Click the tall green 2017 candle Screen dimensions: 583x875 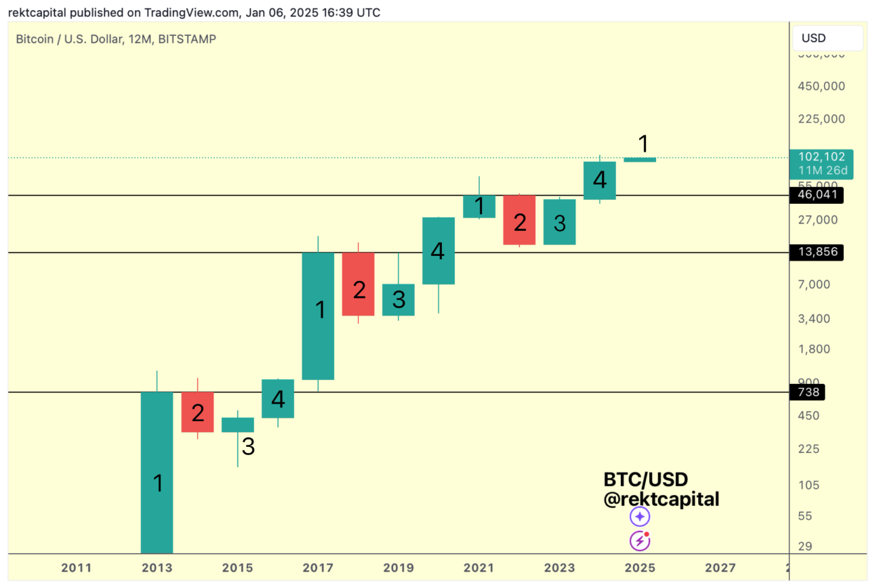pyautogui.click(x=318, y=316)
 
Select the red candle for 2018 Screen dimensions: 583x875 pyautogui.click(x=359, y=284)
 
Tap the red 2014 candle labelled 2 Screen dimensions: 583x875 pyautogui.click(x=197, y=412)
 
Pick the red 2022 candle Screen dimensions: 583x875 pyautogui.click(x=519, y=219)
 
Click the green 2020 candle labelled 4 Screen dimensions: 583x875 pyautogui.click(x=439, y=251)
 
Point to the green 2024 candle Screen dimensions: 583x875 pyautogui.click(x=599, y=180)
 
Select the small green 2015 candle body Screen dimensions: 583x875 pyautogui.click(x=238, y=425)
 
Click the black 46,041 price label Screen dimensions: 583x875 pyautogui.click(x=817, y=195)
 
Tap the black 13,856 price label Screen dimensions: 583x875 pyautogui.click(x=817, y=253)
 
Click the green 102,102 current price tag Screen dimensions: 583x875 pyautogui.click(x=821, y=163)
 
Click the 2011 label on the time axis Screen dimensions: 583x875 pyautogui.click(x=76, y=567)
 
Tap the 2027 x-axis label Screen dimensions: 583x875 pyautogui.click(x=720, y=567)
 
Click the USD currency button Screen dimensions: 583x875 pyautogui.click(x=828, y=38)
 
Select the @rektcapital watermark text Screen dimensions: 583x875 pyautogui.click(x=661, y=500)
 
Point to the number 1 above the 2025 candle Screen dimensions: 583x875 pyautogui.click(x=644, y=144)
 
